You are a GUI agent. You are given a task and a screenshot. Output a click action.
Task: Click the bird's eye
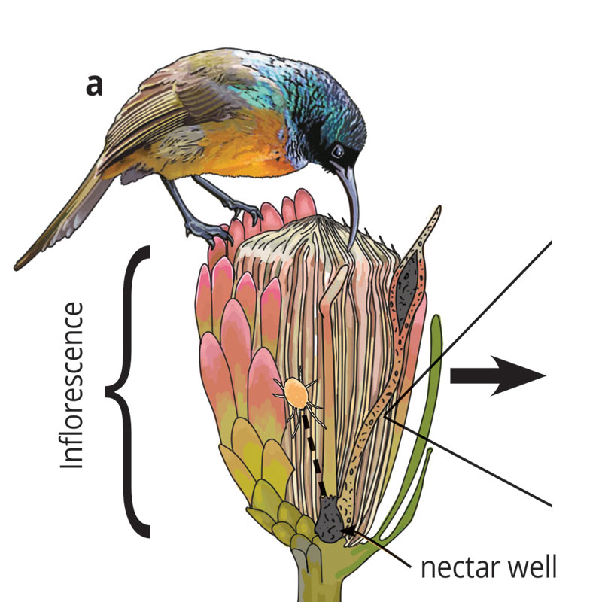338,151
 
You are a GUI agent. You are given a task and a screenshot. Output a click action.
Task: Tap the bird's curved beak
350,203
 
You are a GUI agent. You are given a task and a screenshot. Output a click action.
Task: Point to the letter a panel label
93,87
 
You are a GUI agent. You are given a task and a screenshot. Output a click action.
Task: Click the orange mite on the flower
296,391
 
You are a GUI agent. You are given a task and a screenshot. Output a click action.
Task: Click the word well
530,567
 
